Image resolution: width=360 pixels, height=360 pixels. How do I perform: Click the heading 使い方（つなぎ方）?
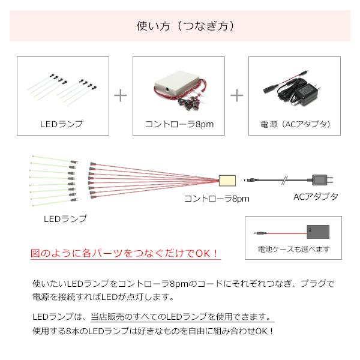pos(180,26)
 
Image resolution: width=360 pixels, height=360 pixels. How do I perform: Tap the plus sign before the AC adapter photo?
pos(238,95)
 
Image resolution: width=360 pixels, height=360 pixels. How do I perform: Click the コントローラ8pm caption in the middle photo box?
pos(179,124)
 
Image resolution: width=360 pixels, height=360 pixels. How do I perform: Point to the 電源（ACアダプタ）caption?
pos(295,124)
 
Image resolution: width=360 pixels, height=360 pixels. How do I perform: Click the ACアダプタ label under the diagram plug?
pos(316,197)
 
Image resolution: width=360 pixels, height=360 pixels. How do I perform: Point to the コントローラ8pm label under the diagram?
pos(217,198)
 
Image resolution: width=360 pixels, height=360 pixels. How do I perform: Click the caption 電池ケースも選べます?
pos(294,249)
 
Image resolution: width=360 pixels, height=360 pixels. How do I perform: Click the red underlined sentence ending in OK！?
pos(125,253)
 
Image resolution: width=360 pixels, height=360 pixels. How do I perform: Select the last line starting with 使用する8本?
pos(154,331)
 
